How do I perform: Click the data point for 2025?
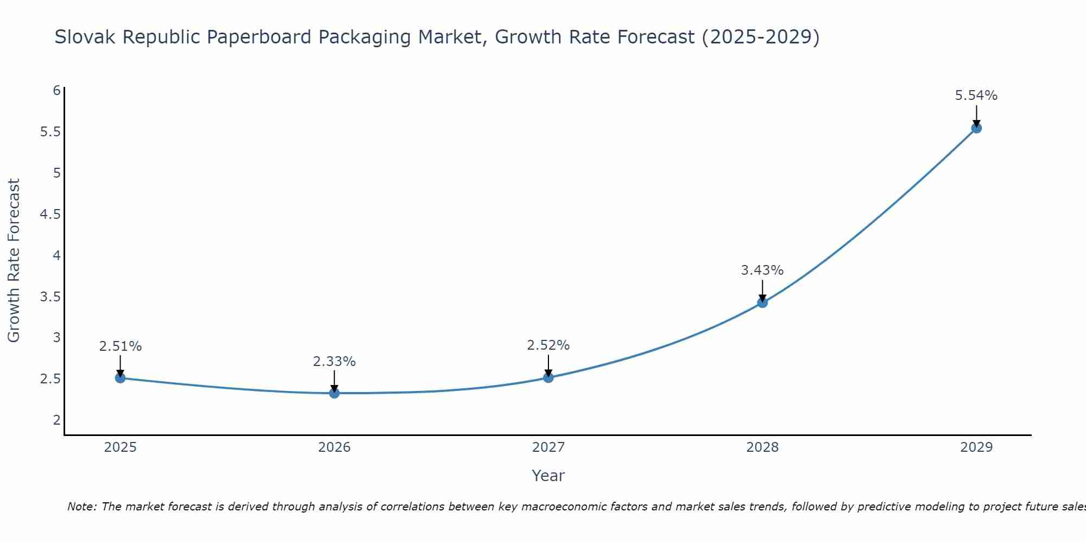coord(121,378)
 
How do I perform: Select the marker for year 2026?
coord(334,393)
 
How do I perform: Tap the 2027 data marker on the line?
coord(548,377)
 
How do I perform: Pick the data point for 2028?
coord(762,302)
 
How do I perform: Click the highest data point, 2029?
coord(976,128)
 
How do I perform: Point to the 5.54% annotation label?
coord(976,96)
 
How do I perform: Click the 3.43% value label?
coord(762,270)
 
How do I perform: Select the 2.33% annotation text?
coord(334,361)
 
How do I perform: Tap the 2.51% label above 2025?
coord(121,346)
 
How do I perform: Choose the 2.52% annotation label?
coord(548,345)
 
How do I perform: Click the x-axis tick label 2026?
coord(334,447)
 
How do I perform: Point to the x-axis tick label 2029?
coord(976,447)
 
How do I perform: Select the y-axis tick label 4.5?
coord(50,214)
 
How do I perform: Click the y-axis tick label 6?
coord(56,91)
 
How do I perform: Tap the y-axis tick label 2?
coord(56,420)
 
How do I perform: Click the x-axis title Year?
coord(548,476)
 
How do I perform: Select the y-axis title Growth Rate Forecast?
coord(14,261)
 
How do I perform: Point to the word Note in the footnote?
coord(81,507)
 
